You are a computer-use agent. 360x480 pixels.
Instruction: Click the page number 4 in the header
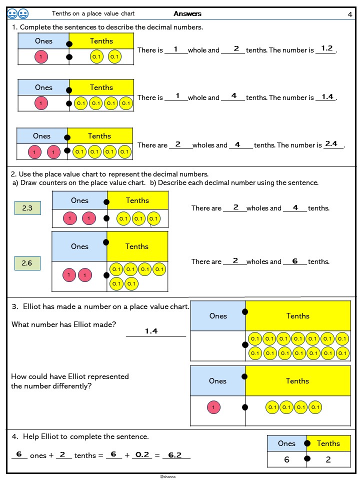350,14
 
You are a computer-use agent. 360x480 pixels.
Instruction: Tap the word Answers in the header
187,14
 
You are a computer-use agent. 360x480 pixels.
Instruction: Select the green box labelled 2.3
27,208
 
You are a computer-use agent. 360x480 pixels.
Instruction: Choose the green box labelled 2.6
27,262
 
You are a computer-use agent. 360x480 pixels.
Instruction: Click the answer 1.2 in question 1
327,48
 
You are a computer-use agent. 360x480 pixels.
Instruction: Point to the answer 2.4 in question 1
331,144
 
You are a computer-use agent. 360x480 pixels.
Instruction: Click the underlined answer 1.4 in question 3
151,331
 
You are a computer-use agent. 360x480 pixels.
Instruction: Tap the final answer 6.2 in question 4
174,455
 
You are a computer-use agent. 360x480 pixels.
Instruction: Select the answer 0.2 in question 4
142,454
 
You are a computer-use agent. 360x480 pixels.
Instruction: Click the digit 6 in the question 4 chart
286,459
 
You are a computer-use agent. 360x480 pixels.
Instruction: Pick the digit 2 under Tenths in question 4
328,459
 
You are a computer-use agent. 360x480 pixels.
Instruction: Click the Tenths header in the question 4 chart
328,443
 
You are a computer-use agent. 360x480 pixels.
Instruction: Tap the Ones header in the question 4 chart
286,443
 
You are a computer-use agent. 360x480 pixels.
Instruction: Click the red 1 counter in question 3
213,407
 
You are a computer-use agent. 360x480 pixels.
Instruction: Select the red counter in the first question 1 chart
41,57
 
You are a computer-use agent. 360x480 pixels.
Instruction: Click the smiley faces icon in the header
18,13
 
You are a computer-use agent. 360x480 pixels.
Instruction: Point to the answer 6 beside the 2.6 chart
295,261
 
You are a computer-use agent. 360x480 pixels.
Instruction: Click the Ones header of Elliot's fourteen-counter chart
218,316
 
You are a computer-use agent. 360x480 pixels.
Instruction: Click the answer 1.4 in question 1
327,97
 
